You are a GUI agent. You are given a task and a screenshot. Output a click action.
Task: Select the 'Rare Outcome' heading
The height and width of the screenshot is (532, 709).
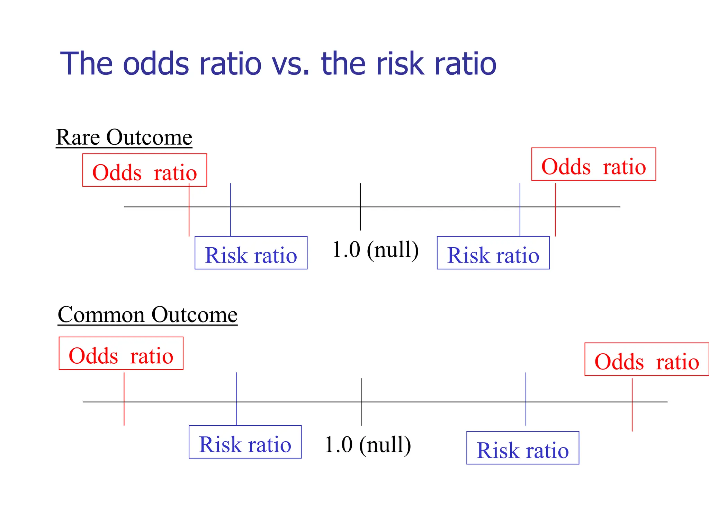pyautogui.click(x=124, y=137)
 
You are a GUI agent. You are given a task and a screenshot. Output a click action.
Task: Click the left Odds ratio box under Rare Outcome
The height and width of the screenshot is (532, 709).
pyautogui.click(x=144, y=170)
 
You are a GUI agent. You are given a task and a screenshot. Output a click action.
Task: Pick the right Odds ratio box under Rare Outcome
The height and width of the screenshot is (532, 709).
pyautogui.click(x=593, y=165)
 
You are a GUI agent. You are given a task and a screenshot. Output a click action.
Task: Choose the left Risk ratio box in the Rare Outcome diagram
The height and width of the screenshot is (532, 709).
pyautogui.click(x=251, y=253)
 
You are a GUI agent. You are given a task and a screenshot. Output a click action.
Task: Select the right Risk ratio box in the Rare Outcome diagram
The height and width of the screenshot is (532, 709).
pyautogui.click(x=493, y=253)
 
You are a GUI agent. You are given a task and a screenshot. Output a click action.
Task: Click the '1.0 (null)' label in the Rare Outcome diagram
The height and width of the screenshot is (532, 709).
pyautogui.click(x=375, y=250)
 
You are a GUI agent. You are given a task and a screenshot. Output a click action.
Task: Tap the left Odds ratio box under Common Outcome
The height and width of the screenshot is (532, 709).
pyautogui.click(x=121, y=354)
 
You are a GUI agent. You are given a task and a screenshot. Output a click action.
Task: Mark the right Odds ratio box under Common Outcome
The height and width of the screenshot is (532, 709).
pyautogui.click(x=646, y=360)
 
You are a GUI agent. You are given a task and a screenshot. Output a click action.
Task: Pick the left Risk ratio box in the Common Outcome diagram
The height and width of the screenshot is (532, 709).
pyautogui.click(x=245, y=442)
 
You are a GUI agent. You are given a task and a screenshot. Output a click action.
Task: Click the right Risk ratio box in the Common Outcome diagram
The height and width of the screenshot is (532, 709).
pyautogui.click(x=523, y=448)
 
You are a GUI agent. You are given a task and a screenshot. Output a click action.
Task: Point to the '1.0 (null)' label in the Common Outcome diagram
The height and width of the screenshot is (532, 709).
pyautogui.click(x=368, y=445)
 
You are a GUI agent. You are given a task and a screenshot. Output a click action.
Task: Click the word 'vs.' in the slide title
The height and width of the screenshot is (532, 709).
pyautogui.click(x=290, y=64)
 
